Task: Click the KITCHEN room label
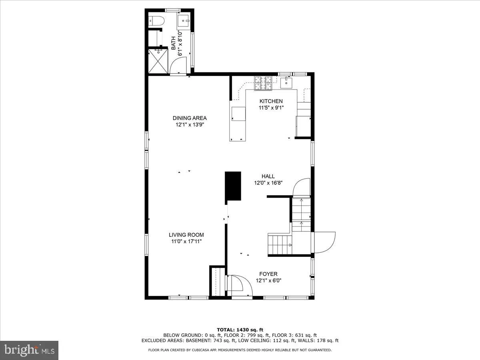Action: click(271, 101)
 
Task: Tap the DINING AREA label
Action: click(190, 118)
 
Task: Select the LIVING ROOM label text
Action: click(186, 235)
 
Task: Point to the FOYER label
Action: click(268, 274)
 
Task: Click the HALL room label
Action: click(268, 176)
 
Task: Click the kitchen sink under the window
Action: click(287, 83)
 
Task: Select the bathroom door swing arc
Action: click(179, 65)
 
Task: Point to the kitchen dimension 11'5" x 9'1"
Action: click(271, 108)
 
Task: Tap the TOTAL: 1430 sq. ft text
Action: click(240, 330)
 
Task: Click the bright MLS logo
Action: click(29, 350)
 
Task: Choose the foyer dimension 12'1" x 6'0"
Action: click(269, 280)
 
